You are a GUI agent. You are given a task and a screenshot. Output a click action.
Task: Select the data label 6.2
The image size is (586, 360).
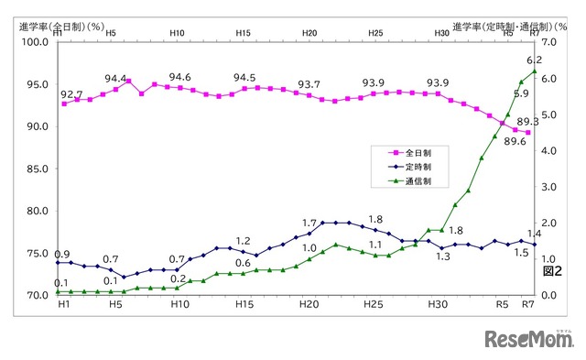[x=534, y=60]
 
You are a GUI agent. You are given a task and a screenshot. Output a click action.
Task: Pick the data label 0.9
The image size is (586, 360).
[x=63, y=254]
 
